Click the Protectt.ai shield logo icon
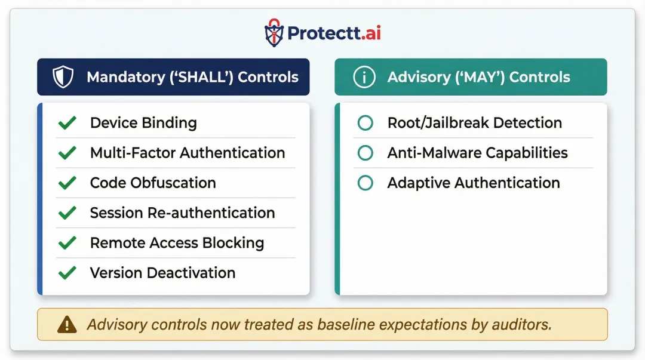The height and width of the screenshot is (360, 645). point(274,33)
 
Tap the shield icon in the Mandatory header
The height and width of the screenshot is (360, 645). point(62,77)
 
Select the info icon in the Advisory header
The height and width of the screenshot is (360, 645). point(364,77)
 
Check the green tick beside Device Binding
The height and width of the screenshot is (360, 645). point(67,123)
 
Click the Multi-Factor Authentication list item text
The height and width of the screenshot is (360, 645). point(187,153)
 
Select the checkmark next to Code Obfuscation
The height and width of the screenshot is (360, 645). point(67,183)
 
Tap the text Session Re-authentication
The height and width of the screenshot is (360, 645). point(182,213)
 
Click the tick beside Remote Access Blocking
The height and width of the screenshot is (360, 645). point(67,243)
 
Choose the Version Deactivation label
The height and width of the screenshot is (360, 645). point(162,273)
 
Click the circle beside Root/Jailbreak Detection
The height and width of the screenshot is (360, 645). point(365,123)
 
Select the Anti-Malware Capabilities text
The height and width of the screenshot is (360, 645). point(477,153)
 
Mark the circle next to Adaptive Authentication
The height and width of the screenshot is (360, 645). point(365,183)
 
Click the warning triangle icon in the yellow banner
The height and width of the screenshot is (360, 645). point(67,324)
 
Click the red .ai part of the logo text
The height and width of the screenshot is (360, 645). point(370,33)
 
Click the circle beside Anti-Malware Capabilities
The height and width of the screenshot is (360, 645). point(365,153)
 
